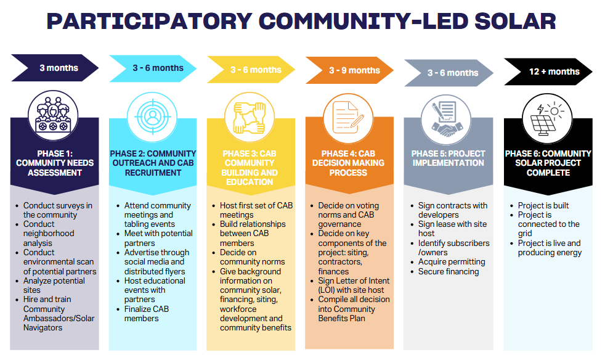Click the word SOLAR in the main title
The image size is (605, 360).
[x=515, y=21]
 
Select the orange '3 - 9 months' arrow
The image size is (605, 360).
[x=349, y=70]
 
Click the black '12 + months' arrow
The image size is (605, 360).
[x=548, y=72]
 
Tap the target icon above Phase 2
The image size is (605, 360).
[x=152, y=117]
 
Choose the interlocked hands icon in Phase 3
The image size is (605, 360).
[x=250, y=117]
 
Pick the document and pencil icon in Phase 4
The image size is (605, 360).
[x=348, y=117]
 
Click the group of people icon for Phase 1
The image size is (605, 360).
[x=53, y=115]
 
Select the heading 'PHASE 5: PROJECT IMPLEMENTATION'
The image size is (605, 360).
[x=449, y=158]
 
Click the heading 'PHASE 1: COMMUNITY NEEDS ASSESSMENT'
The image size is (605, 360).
[x=55, y=163]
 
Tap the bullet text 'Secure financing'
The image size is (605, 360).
[x=449, y=272]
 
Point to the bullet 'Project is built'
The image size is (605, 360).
[x=543, y=205]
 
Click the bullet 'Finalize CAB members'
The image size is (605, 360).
[x=147, y=314]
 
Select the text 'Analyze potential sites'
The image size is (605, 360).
[x=54, y=285]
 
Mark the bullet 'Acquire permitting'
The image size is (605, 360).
[x=452, y=262]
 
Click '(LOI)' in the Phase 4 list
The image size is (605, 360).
[x=327, y=290]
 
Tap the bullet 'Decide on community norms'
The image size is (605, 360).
[x=253, y=257]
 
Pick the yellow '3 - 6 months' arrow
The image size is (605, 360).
[x=251, y=70]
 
